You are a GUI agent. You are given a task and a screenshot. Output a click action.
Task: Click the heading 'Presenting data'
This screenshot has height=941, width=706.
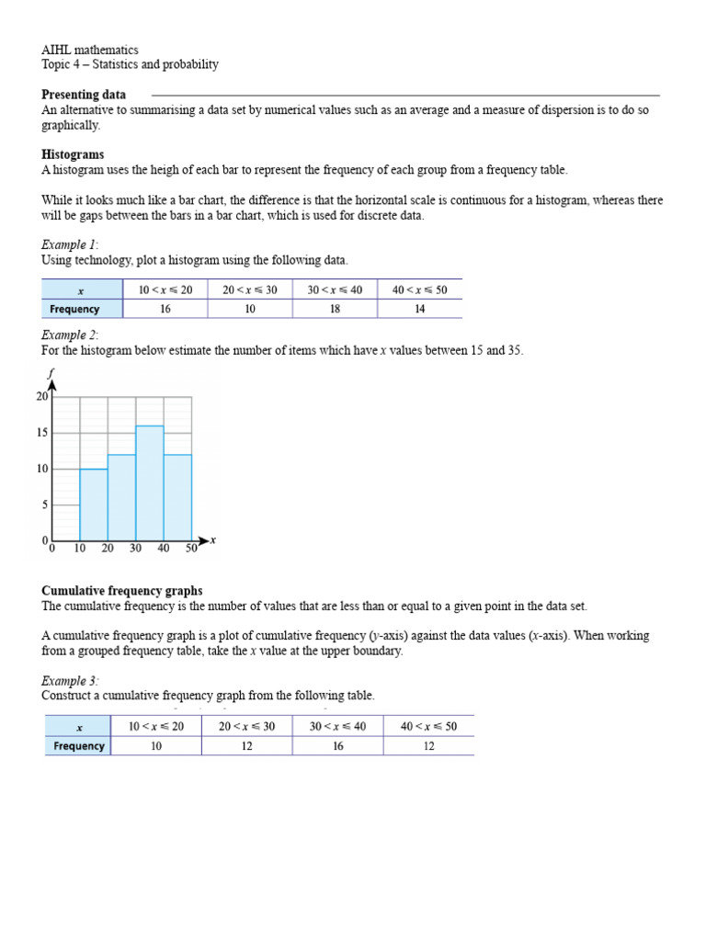tap(84, 95)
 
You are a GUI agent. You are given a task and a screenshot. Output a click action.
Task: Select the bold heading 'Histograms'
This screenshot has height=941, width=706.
tap(73, 154)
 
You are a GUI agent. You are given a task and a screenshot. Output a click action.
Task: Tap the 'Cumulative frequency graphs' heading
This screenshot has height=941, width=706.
tap(121, 591)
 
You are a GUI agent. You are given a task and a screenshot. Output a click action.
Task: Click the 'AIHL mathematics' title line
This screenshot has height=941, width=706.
tap(90, 50)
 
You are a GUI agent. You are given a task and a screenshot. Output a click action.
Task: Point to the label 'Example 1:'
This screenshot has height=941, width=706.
tap(70, 244)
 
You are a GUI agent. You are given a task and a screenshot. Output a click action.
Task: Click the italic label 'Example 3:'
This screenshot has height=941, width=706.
tap(70, 681)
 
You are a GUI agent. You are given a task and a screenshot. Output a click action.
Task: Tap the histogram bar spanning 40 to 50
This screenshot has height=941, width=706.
tap(177, 496)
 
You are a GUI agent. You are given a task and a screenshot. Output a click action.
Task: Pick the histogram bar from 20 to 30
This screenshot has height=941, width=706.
tap(121, 496)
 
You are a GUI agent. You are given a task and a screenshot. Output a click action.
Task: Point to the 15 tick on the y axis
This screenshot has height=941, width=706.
tap(42, 433)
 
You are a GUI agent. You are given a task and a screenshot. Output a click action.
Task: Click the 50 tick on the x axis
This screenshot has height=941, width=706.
tap(190, 549)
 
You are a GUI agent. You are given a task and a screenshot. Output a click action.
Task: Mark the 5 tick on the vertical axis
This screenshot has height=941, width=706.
tap(42, 505)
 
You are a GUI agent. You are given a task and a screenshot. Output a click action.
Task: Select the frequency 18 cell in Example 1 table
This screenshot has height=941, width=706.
tap(335, 310)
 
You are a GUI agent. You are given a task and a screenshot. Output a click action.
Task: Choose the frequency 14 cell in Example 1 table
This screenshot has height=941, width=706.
tap(419, 310)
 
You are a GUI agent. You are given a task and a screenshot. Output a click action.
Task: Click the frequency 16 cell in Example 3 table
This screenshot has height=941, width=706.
tap(337, 746)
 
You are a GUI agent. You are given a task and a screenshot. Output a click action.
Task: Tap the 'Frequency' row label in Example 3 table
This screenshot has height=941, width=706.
tap(79, 746)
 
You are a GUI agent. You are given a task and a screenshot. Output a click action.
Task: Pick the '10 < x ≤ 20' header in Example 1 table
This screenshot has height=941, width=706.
tap(165, 289)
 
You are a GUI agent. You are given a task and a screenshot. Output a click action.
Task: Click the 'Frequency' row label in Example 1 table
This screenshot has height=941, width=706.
tap(75, 310)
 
